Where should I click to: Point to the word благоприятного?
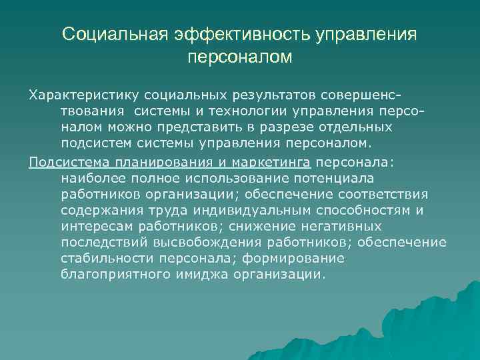[x=116, y=275]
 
